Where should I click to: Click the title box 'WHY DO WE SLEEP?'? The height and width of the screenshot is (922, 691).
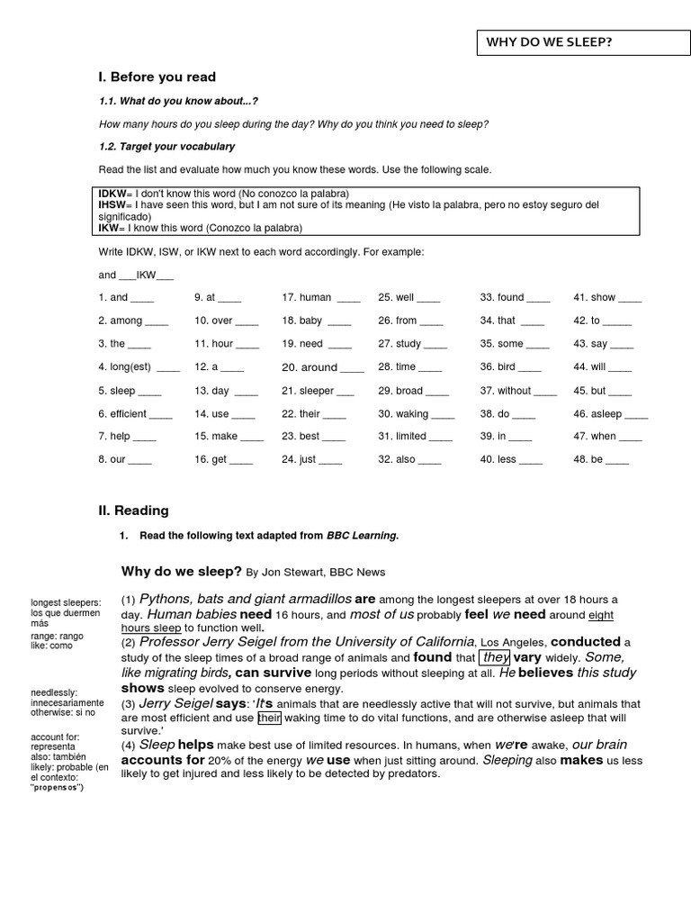[548, 41]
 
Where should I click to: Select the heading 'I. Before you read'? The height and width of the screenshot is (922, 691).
[157, 77]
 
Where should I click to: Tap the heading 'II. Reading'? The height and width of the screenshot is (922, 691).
[133, 511]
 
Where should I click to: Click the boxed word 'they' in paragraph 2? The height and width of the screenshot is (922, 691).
[495, 658]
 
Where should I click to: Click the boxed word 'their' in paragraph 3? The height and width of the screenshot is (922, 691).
[270, 718]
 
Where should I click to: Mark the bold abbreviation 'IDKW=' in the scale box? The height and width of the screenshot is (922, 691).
[113, 194]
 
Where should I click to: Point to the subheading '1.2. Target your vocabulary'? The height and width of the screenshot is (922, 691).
[166, 146]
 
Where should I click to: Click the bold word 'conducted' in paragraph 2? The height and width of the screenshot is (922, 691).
[585, 642]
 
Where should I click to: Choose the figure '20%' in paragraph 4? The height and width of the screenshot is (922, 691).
[234, 761]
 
